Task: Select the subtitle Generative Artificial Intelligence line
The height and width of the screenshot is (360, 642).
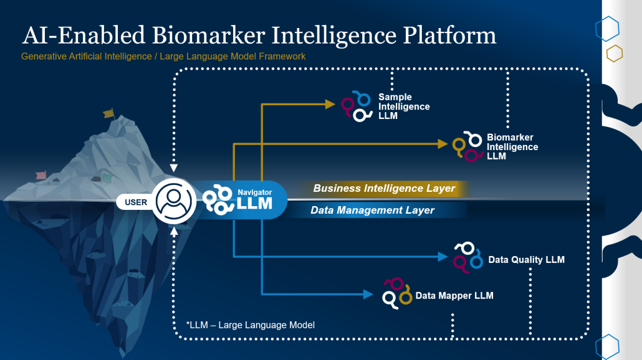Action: point(163,57)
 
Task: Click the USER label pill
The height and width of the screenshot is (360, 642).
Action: point(136,202)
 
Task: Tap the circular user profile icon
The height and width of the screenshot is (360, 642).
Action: point(175,201)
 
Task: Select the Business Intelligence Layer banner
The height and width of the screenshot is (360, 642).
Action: point(384,189)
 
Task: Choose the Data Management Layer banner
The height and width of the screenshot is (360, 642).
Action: point(372,211)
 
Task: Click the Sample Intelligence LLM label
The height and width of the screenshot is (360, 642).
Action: point(404,107)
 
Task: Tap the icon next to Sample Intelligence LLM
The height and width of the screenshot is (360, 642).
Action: point(357,106)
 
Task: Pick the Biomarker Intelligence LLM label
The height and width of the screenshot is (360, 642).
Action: point(512,147)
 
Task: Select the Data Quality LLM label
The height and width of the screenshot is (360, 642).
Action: point(526,260)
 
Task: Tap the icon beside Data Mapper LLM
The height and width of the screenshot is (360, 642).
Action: point(397,293)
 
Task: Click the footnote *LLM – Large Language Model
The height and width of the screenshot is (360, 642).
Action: point(250,324)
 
